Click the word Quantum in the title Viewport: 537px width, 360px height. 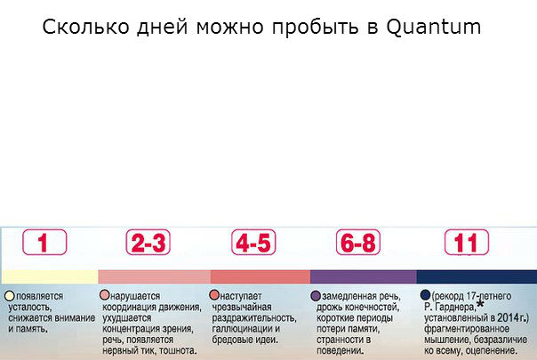tap(434, 27)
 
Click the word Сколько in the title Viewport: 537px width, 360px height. tap(85, 27)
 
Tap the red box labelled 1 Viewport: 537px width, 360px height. tap(44, 242)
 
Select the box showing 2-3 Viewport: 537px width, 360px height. tap(148, 242)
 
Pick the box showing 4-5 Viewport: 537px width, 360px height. tap(253, 242)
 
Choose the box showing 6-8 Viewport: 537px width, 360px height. tap(358, 242)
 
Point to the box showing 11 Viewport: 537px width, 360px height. tap(467, 242)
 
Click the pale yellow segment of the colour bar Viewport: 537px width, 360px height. tap(50, 276)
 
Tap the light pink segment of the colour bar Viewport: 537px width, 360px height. tap(155, 276)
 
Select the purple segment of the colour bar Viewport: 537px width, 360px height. tap(364, 276)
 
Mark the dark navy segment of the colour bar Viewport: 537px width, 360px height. tap(477, 276)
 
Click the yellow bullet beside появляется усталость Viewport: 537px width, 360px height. tap(10, 296)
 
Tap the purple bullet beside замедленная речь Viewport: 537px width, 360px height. tap(316, 296)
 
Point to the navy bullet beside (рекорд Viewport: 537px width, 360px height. tap(425, 295)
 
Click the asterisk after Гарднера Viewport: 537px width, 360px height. tap(480, 304)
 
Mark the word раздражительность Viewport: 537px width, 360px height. tap(254, 318)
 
